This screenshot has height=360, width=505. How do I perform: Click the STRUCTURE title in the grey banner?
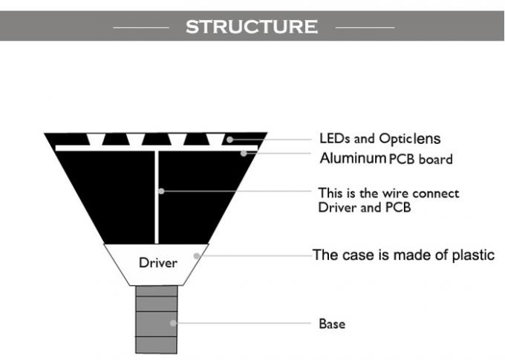pos(251,27)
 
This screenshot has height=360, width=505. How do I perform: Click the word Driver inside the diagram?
pos(157,263)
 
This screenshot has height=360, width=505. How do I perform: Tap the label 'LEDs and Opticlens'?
pos(379,139)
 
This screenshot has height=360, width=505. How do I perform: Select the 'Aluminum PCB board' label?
pos(385,159)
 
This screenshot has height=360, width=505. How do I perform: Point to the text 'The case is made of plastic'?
pos(403,255)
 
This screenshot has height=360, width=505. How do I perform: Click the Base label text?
pos(332,324)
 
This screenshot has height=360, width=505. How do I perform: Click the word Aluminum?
pos(353,158)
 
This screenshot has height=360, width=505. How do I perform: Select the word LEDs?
pos(332,139)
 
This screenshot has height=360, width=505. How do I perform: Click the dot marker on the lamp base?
pos(172,324)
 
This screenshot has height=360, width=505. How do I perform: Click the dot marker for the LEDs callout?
pos(231,139)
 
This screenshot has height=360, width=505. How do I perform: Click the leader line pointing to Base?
pos(245,324)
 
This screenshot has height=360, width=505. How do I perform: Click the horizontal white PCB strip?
pos(111,148)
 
